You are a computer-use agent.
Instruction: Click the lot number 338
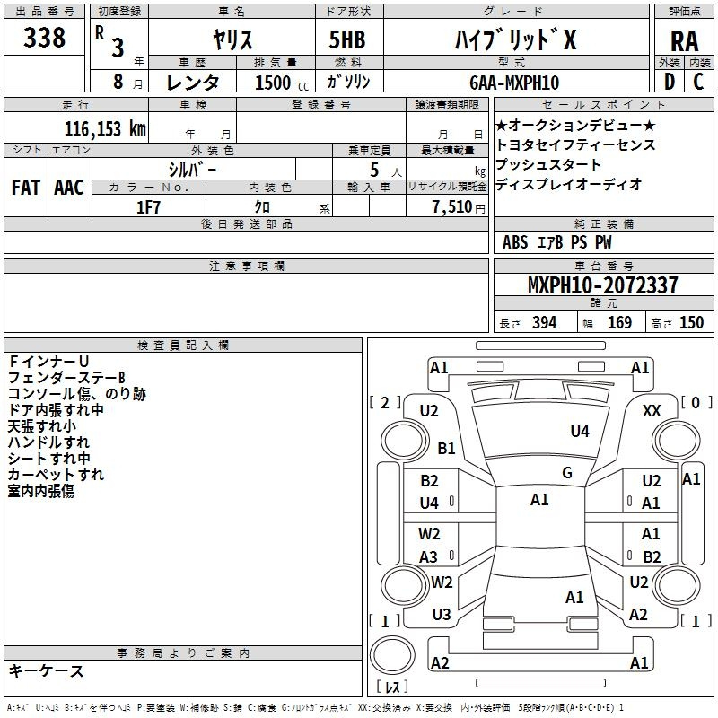[44, 37]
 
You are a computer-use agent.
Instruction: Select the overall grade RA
[685, 41]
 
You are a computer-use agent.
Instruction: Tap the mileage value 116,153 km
[105, 129]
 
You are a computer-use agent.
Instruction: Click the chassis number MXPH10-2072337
[603, 285]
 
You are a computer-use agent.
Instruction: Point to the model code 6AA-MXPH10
[514, 83]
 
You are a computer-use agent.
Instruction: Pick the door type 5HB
[347, 39]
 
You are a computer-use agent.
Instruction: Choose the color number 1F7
[148, 207]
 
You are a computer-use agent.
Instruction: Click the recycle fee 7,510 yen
[459, 207]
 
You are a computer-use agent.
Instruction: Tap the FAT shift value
[26, 188]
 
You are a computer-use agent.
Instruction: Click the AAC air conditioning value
[69, 188]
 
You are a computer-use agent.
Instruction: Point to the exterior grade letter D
[670, 82]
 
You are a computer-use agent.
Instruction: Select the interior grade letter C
[698, 82]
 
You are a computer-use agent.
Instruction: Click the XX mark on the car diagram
[652, 411]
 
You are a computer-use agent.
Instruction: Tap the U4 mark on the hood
[580, 431]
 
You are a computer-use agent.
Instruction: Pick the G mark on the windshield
[567, 473]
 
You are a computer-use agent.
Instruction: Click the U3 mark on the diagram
[442, 615]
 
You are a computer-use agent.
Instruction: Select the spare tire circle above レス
[392, 655]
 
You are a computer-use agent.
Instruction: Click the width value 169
[619, 322]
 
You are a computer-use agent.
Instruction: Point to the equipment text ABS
[515, 242]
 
